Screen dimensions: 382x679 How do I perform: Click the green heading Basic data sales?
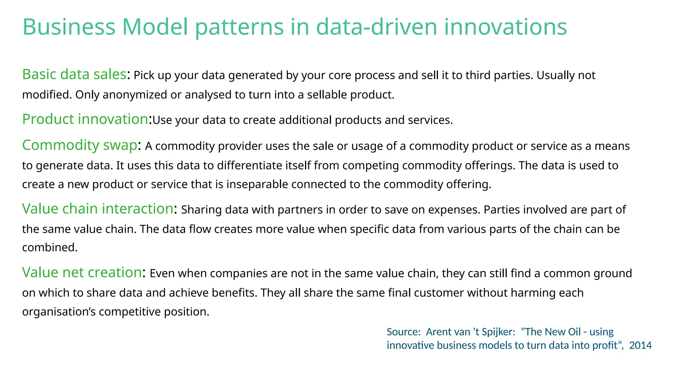[x=74, y=74]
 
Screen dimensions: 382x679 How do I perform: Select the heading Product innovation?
[x=85, y=119]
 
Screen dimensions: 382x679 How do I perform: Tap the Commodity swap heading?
[x=80, y=145]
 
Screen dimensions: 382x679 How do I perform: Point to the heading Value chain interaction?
[x=97, y=209]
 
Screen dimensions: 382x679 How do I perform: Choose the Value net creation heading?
[x=82, y=273]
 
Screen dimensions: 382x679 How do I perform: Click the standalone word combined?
[x=50, y=248]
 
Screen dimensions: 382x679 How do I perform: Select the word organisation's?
[x=59, y=312]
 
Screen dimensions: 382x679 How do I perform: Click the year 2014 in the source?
[x=640, y=346]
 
